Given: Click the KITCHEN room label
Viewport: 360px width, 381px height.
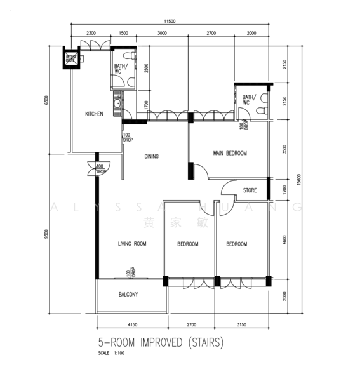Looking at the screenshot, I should click(x=95, y=114).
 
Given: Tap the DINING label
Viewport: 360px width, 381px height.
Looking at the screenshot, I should click(x=151, y=156).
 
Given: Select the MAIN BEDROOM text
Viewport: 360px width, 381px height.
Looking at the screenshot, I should click(x=230, y=154).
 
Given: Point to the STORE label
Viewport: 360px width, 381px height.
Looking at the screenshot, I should click(x=250, y=190).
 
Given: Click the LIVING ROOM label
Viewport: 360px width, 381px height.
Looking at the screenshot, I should click(x=132, y=244).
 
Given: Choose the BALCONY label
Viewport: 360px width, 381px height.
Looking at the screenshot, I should click(x=128, y=295).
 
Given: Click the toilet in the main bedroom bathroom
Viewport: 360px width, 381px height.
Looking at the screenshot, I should click(x=259, y=109).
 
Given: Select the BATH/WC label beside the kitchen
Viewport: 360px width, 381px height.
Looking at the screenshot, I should click(x=120, y=69).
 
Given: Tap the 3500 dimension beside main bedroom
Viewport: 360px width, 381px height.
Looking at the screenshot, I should click(x=285, y=150).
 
